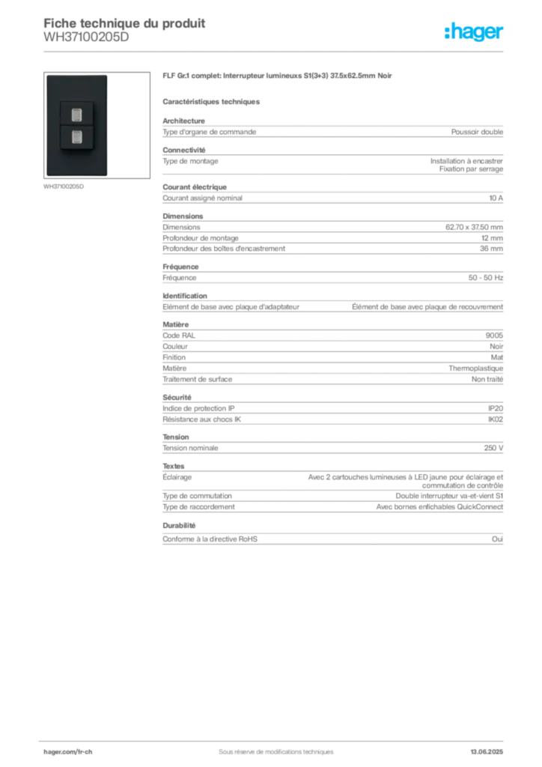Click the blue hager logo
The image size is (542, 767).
[x=475, y=32]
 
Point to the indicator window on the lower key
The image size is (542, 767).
[x=76, y=136]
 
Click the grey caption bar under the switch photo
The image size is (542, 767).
[x=66, y=187]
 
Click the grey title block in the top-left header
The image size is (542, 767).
[x=124, y=23]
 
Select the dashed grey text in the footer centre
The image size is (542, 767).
[x=270, y=746]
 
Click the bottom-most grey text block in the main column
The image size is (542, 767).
[x=332, y=539]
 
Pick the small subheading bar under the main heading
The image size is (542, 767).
[x=213, y=100]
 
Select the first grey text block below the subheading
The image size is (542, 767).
[x=332, y=132]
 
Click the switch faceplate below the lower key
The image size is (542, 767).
[x=76, y=161]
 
